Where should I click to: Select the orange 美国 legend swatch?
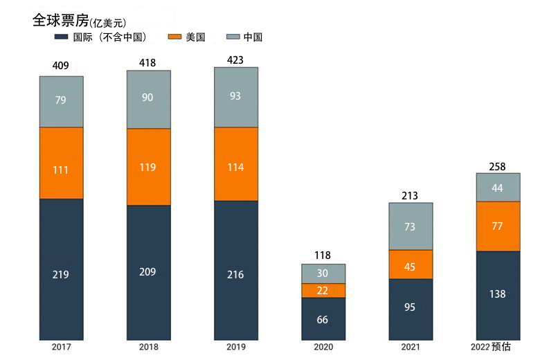[174, 37]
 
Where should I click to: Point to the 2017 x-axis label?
[61, 348]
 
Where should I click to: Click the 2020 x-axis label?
[323, 348]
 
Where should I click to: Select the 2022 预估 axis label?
[490, 348]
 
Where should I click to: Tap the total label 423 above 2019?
[235, 60]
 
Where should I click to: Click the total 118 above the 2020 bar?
[323, 256]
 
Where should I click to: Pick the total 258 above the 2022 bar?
[498, 166]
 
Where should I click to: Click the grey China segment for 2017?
[61, 101]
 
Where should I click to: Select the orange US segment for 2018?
[148, 167]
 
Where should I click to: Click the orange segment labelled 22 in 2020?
[323, 290]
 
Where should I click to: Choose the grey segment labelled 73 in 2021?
[411, 226]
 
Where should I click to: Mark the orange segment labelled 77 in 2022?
[498, 226]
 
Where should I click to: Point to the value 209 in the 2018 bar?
[148, 272]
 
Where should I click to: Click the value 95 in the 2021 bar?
[410, 307]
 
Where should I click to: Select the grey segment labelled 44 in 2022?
[498, 188]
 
